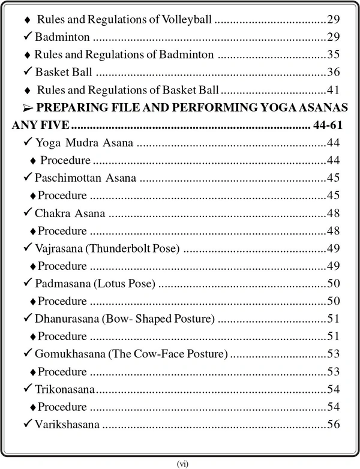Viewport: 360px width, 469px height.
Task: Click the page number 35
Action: click(x=334, y=55)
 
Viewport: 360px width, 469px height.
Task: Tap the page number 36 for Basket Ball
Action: click(x=334, y=73)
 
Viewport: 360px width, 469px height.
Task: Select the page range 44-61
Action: click(x=328, y=127)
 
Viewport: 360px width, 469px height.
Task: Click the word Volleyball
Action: click(x=188, y=20)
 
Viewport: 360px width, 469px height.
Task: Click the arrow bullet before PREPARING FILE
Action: click(x=26, y=109)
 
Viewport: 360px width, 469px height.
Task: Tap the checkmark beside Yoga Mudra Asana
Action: click(x=28, y=143)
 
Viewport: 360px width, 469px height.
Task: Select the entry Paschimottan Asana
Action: click(x=85, y=178)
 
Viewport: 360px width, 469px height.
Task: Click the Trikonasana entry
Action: click(x=65, y=390)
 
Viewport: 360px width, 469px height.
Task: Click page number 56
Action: click(x=334, y=425)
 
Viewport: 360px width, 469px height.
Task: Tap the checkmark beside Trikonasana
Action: click(x=28, y=390)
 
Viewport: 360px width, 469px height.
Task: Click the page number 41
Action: click(x=334, y=91)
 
